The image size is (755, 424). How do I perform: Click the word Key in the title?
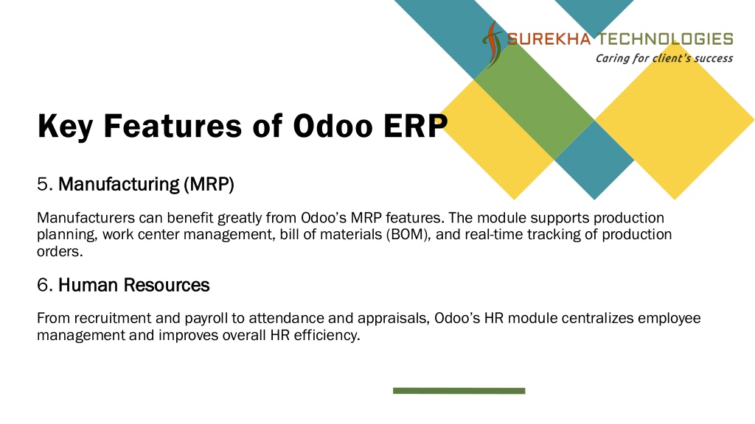[65, 127]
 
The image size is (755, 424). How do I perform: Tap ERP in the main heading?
[415, 126]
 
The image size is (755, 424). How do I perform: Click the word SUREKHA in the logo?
[549, 39]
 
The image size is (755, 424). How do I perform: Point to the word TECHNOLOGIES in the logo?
[666, 39]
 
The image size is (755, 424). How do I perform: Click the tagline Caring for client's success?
[664, 58]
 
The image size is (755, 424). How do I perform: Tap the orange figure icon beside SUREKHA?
[492, 44]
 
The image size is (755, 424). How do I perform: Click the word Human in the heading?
[88, 285]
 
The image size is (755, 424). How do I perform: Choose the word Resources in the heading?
[166, 285]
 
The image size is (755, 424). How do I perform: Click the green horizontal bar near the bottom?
[459, 391]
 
